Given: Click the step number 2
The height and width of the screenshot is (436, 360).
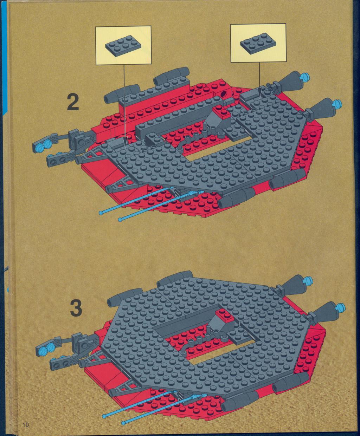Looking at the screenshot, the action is pos(73,102).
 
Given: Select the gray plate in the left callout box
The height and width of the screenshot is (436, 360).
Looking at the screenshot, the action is pos(123,45).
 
